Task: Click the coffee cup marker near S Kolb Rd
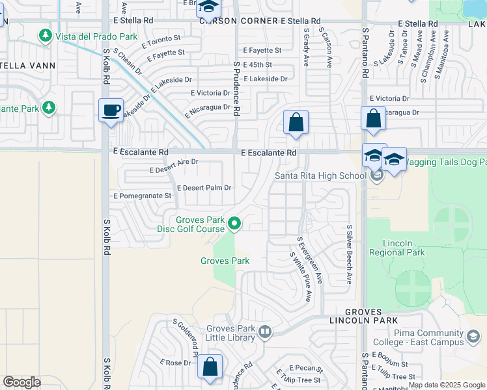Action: (111, 109)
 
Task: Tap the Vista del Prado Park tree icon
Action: (46, 35)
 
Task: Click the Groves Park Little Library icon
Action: (265, 333)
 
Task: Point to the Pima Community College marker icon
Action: (473, 337)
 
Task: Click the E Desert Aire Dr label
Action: (174, 165)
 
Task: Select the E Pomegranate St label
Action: (142, 196)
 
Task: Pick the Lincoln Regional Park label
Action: (397, 248)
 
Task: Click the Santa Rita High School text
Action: (320, 175)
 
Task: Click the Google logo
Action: (22, 382)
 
